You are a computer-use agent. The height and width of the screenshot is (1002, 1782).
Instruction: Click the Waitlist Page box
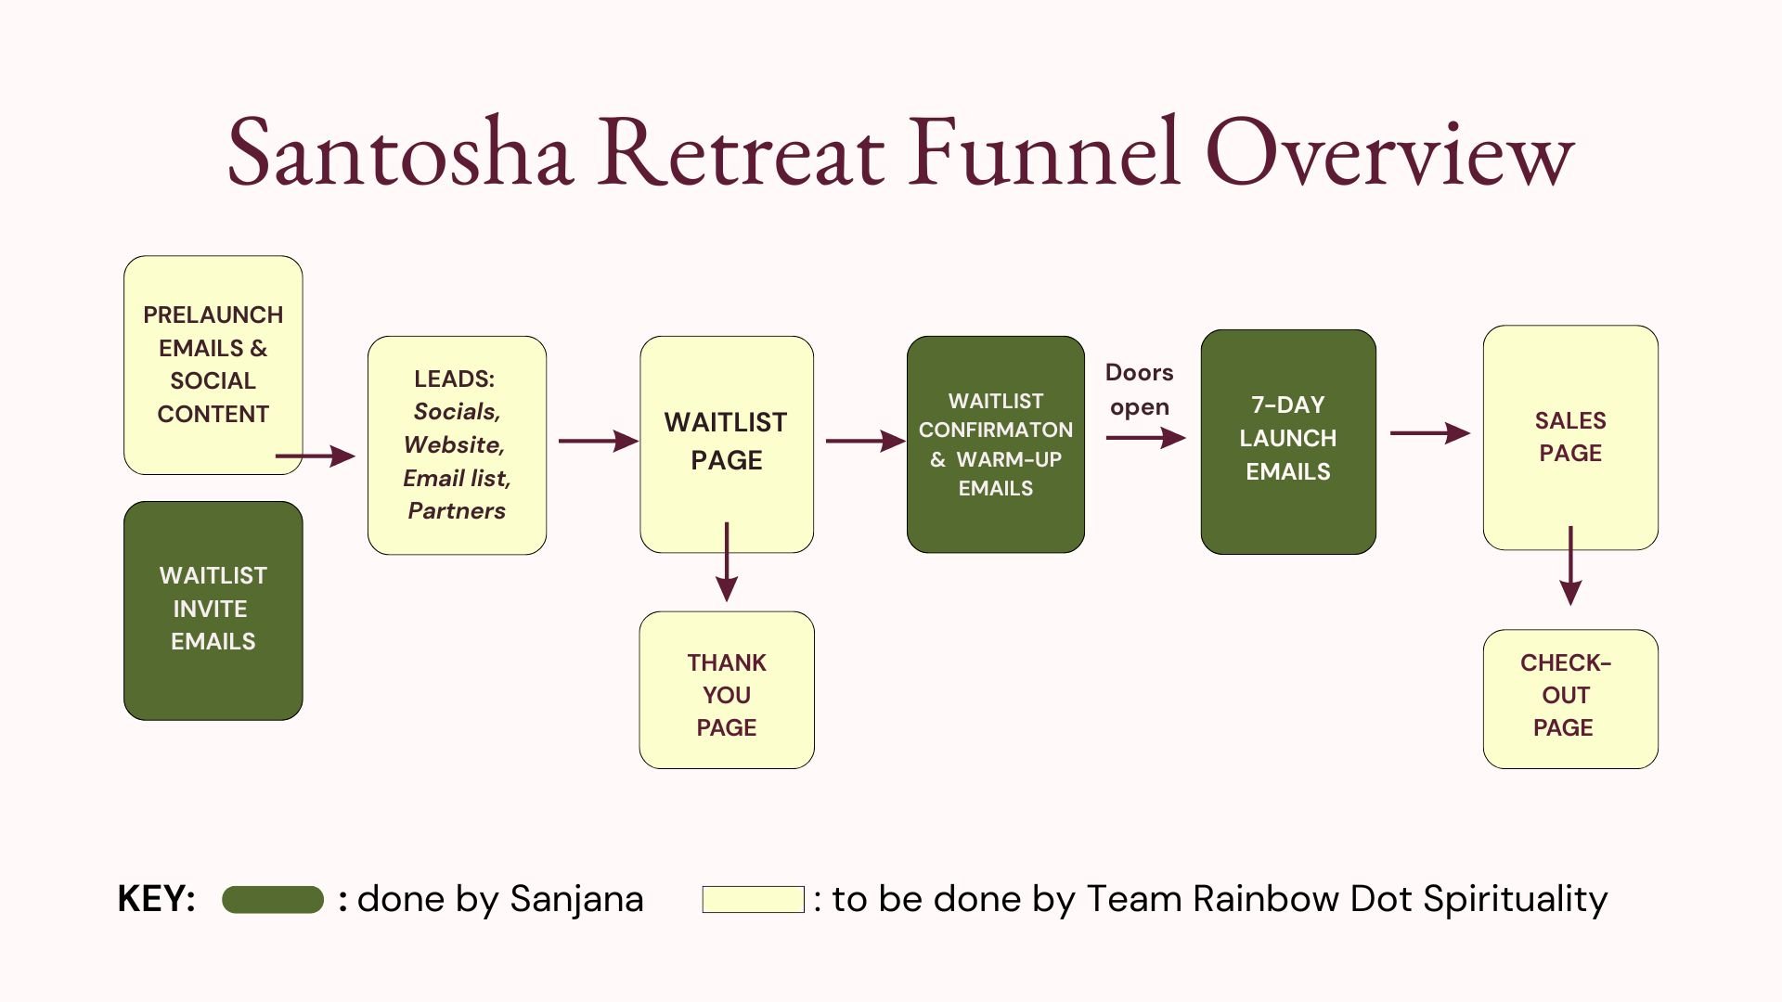(727, 444)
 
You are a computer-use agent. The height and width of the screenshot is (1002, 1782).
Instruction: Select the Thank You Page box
(727, 690)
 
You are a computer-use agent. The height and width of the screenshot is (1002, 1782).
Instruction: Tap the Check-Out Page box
(1570, 700)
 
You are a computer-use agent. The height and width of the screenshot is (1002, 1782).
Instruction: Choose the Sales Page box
(1570, 437)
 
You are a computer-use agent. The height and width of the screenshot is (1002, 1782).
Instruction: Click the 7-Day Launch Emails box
(1288, 442)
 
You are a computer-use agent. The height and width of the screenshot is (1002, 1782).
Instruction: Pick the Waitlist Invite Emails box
(213, 610)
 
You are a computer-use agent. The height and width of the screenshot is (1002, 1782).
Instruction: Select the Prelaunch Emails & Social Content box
(213, 365)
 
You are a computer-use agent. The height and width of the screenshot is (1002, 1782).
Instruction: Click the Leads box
(457, 445)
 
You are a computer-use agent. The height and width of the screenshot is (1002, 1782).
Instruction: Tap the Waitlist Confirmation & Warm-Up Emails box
(996, 444)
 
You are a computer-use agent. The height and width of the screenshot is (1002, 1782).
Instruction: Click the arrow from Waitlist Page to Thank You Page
(727, 561)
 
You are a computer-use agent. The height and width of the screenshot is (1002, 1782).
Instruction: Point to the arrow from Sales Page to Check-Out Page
(1570, 565)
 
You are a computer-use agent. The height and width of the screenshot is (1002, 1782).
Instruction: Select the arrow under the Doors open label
(1145, 438)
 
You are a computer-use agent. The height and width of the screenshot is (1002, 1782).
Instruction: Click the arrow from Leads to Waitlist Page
(599, 441)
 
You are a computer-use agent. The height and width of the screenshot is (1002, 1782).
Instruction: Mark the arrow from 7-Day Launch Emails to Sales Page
(1430, 433)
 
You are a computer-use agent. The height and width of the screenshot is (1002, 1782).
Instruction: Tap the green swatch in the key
(273, 900)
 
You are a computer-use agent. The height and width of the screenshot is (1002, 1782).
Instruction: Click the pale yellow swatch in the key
(754, 900)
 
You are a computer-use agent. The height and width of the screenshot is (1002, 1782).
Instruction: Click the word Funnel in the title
(1045, 151)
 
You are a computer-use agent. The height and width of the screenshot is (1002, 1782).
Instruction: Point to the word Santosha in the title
(400, 151)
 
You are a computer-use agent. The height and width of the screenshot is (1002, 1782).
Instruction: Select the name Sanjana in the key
(576, 900)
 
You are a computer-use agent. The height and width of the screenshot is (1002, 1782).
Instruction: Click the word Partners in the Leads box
(457, 511)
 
